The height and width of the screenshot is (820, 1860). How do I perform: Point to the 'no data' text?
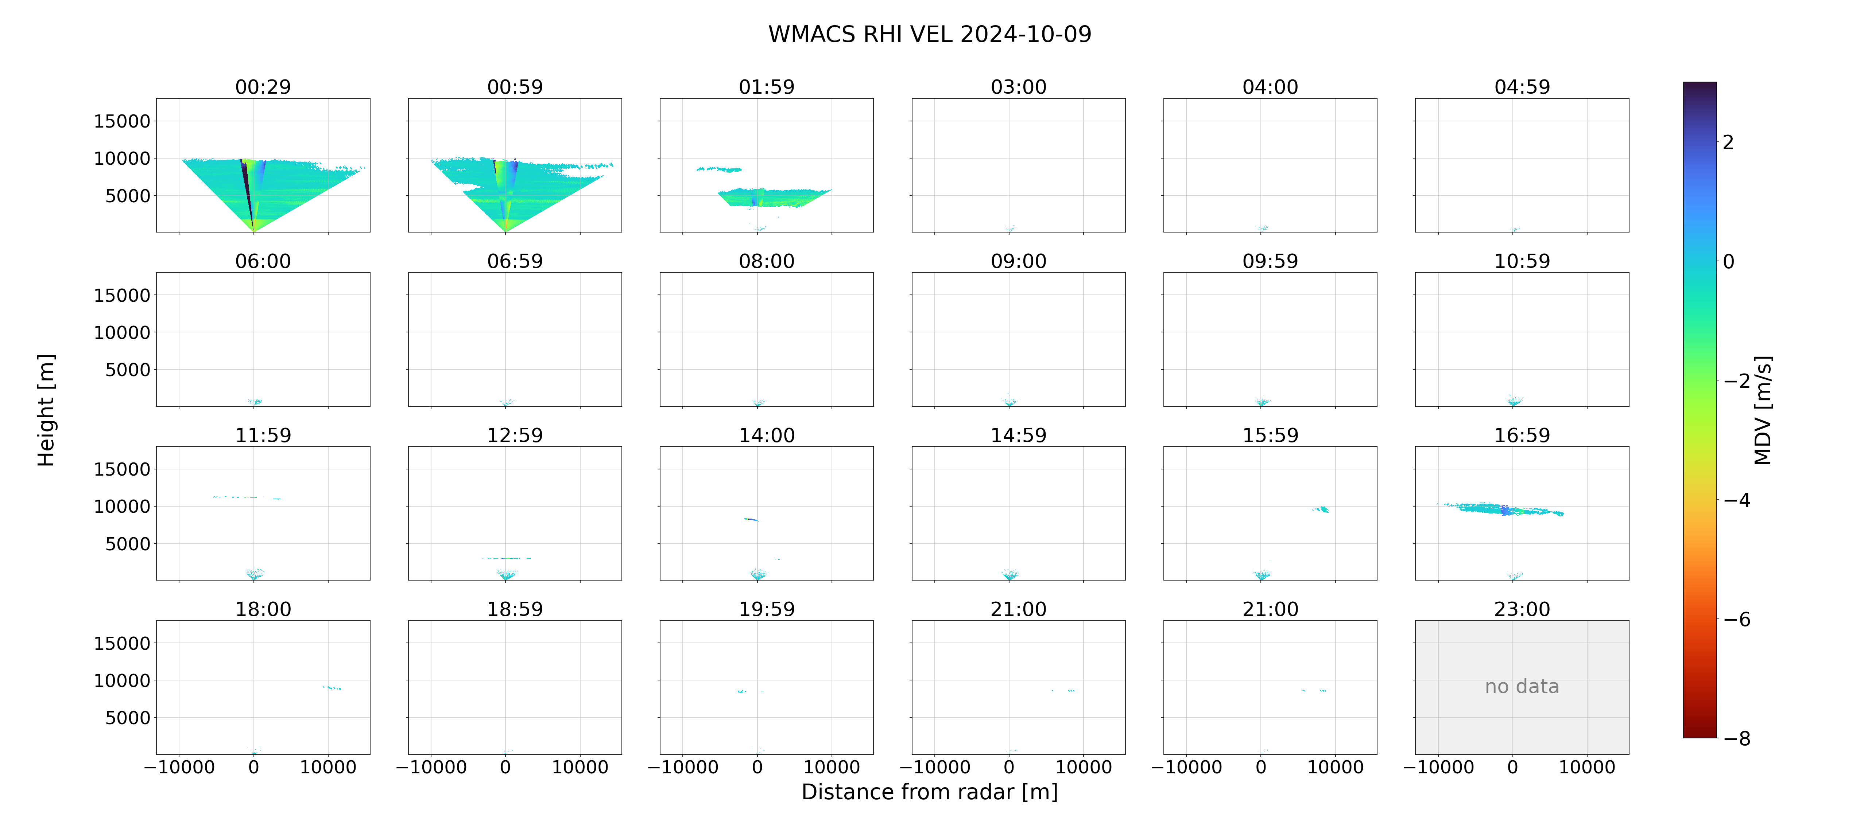coord(1522,687)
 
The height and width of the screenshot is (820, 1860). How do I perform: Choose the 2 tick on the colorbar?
coord(1728,142)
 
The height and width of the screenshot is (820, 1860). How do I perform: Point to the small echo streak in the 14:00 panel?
coord(751,519)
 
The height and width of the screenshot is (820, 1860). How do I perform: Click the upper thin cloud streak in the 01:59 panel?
coord(719,169)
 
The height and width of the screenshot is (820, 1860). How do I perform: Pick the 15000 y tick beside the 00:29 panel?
coord(122,121)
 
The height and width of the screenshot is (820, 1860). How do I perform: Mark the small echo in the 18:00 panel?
coord(332,688)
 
